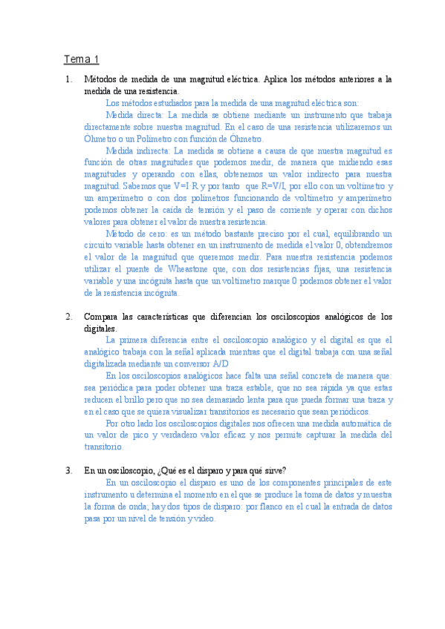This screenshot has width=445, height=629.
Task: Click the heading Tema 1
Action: pos(81,59)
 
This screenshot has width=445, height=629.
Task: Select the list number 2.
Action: pos(68,317)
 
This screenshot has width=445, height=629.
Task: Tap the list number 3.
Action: pos(68,470)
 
